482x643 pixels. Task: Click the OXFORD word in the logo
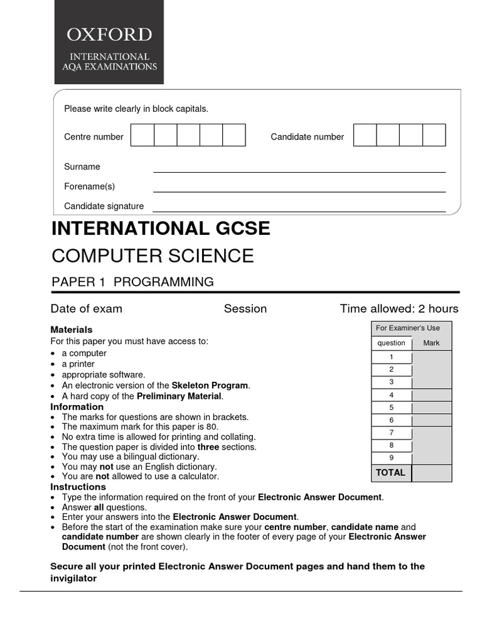pyautogui.click(x=109, y=34)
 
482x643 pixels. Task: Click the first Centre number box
pyautogui.click(x=142, y=135)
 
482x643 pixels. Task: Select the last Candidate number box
pyautogui.click(x=434, y=135)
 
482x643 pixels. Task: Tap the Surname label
pyautogui.click(x=82, y=167)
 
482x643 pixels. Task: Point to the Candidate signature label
pyautogui.click(x=104, y=206)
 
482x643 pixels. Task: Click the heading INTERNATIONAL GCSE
pyautogui.click(x=161, y=229)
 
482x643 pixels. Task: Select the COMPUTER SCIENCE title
pyautogui.click(x=153, y=256)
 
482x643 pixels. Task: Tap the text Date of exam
pyautogui.click(x=87, y=309)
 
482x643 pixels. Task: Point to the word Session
pyautogui.click(x=245, y=309)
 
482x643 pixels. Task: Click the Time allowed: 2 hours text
pyautogui.click(x=399, y=309)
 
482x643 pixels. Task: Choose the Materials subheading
pyautogui.click(x=72, y=330)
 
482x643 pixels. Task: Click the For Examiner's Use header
pyautogui.click(x=408, y=328)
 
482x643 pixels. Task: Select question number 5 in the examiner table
pyautogui.click(x=392, y=408)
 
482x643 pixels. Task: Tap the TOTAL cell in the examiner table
pyautogui.click(x=391, y=472)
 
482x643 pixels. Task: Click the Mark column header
pyautogui.click(x=432, y=343)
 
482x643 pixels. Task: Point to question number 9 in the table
pyautogui.click(x=392, y=458)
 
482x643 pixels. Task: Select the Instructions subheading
pyautogui.click(x=78, y=487)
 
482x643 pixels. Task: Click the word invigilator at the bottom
pyautogui.click(x=73, y=578)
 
